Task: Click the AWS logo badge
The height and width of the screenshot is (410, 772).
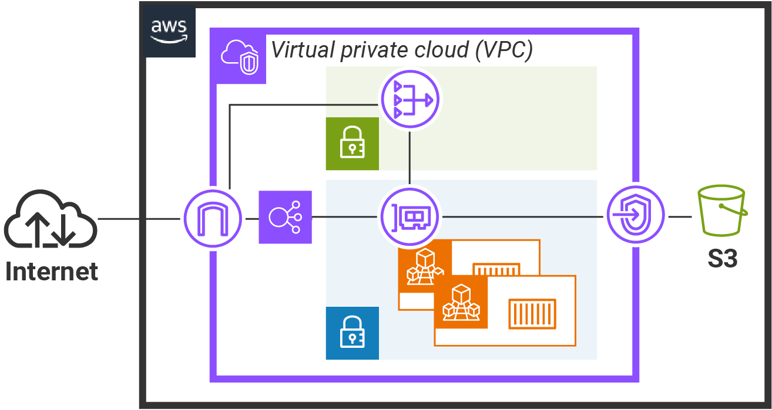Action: pos(169,32)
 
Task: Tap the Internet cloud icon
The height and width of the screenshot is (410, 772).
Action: pos(51,219)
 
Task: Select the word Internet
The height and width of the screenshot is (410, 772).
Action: pos(52,272)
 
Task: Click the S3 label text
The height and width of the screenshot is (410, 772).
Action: pos(723,258)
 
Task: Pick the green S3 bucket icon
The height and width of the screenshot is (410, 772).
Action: pos(723,211)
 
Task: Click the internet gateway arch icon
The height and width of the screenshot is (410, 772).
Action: pos(213,218)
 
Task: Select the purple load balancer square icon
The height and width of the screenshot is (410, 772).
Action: pos(286,217)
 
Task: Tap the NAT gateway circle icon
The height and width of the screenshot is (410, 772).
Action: pos(410,99)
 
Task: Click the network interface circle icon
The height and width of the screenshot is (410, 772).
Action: pos(410,217)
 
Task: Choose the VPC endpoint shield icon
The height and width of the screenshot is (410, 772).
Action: pos(636,215)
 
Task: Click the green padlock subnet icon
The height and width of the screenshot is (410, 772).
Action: pos(353,144)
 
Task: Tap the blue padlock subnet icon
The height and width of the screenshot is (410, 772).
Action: pos(353,333)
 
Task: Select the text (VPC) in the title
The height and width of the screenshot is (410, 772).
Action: pos(504,50)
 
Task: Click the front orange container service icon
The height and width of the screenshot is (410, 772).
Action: pos(461,302)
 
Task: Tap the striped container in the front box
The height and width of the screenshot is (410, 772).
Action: pos(532,314)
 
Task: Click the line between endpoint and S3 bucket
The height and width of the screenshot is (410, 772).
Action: pos(680,216)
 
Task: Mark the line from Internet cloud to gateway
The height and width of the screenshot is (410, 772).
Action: pos(139,219)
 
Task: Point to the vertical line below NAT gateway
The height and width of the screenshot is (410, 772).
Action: pos(410,158)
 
